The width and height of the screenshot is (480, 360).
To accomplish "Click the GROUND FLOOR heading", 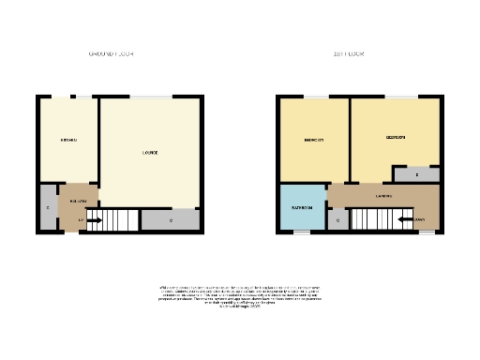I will [112, 54].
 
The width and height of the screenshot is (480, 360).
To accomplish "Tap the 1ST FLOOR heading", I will [349, 54].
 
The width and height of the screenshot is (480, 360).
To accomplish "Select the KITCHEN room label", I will [68, 141].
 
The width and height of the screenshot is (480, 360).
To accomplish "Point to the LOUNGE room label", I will [149, 153].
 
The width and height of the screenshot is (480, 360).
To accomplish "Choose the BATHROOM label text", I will [301, 207].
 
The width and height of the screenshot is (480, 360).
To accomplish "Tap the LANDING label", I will [383, 196].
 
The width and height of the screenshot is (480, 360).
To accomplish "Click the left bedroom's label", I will [314, 141].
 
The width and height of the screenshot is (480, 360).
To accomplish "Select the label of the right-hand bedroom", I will [396, 138].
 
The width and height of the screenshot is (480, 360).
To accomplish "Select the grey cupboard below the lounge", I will [171, 220].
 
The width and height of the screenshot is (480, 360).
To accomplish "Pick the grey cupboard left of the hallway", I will [48, 207].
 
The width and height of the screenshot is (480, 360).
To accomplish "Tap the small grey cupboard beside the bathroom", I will [337, 220].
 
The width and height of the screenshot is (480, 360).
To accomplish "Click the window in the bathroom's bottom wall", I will [302, 232].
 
